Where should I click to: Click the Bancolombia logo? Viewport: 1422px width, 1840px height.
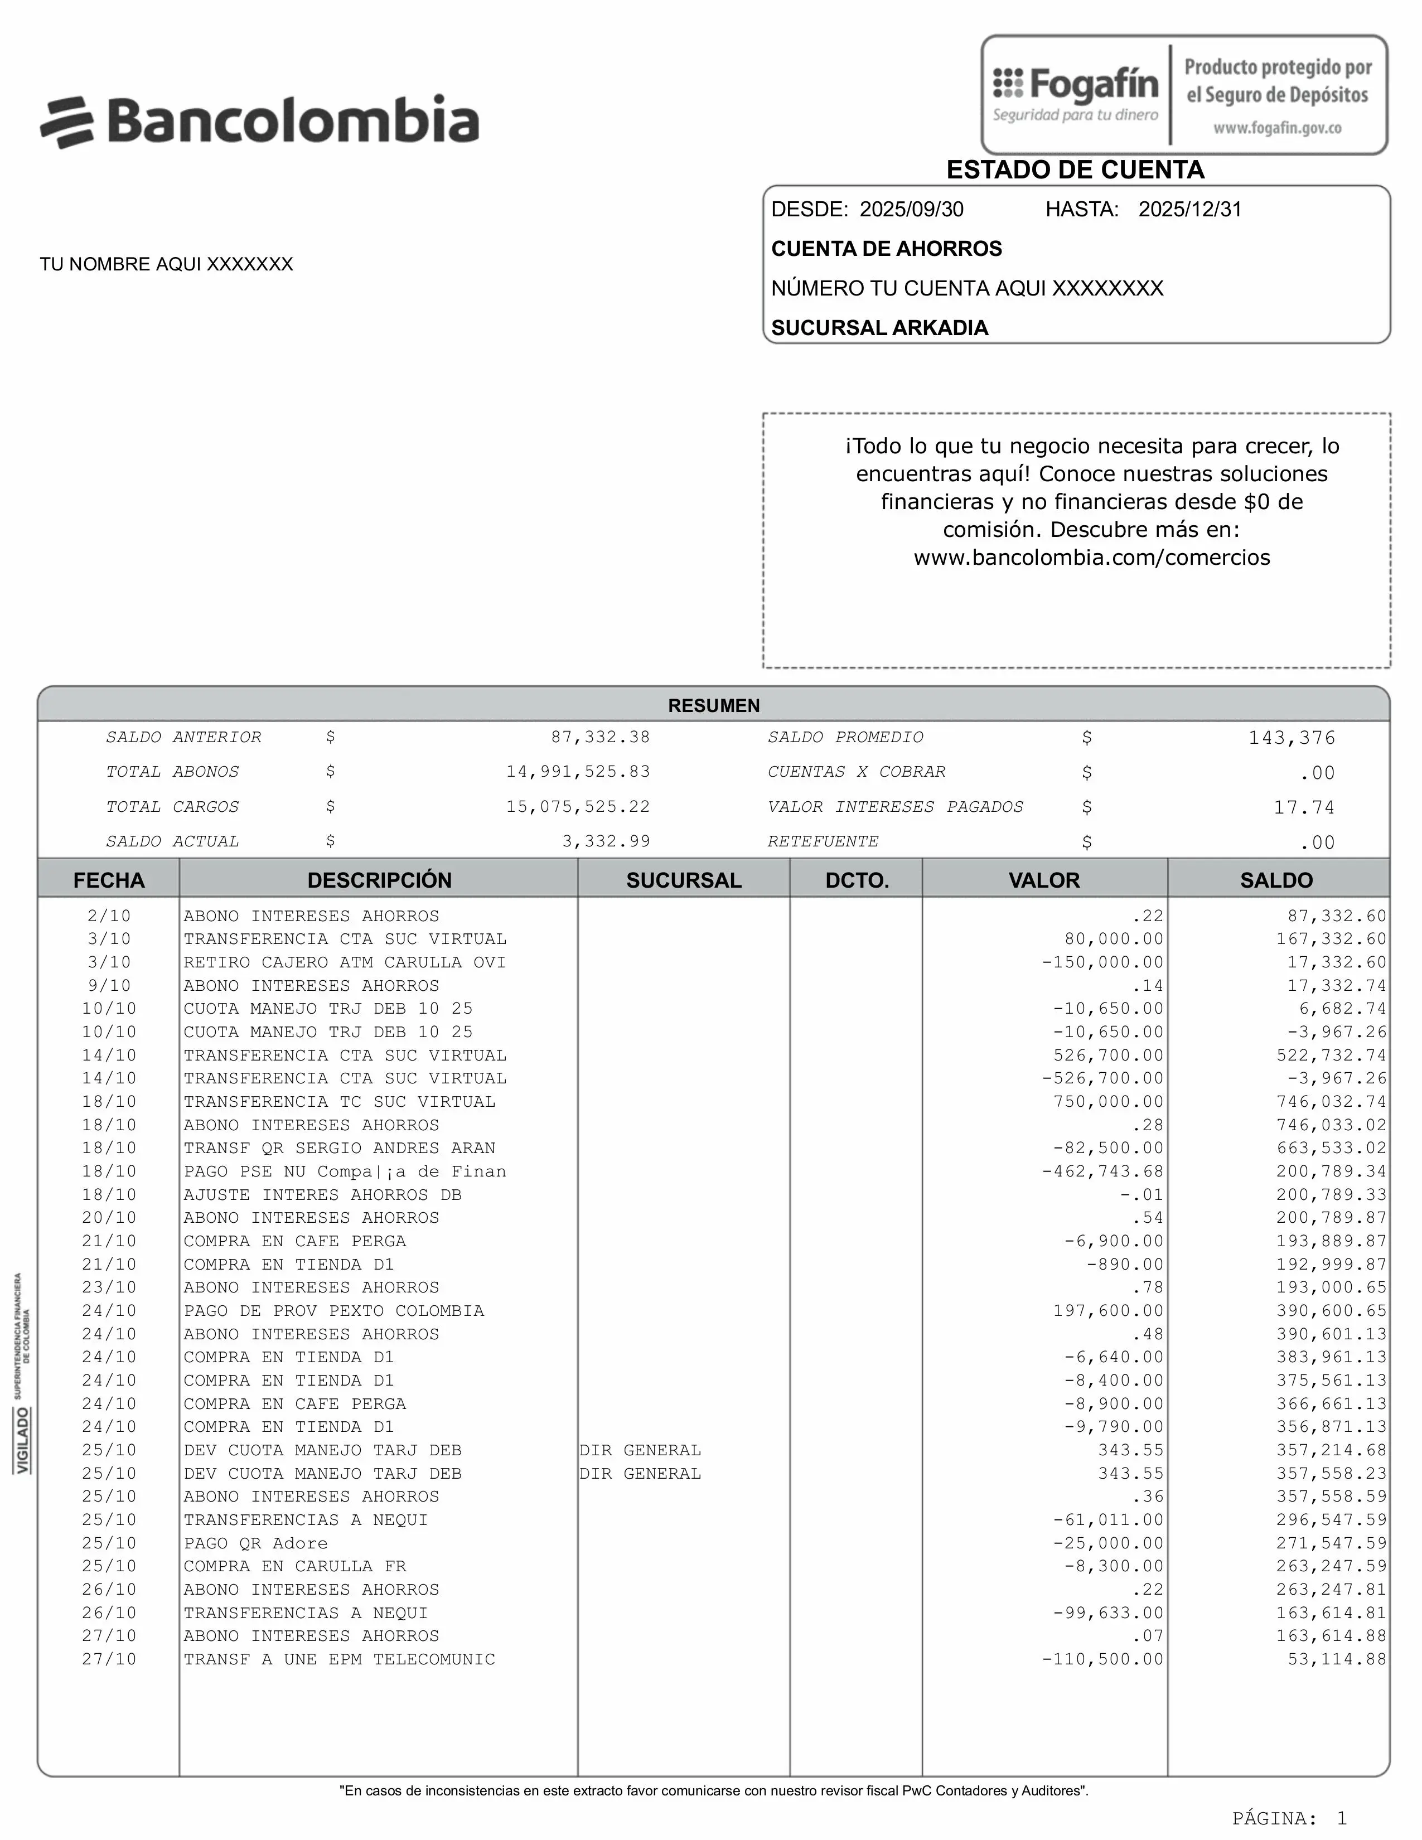[x=259, y=122]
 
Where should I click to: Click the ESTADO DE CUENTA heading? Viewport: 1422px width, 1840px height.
[x=1075, y=170]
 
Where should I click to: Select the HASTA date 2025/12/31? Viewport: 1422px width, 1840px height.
[x=1189, y=210]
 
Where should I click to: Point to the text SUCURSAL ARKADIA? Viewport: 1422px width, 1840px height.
[x=879, y=328]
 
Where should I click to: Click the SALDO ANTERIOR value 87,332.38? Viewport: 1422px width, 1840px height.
[x=600, y=737]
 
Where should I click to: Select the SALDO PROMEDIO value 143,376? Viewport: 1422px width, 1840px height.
[x=1292, y=738]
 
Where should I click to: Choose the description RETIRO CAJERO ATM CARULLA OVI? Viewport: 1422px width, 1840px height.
[x=345, y=962]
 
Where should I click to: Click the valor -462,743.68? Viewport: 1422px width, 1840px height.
[x=1102, y=1171]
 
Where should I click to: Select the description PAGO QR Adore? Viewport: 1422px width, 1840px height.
[x=256, y=1543]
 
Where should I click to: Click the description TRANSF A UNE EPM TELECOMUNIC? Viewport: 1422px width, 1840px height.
[x=340, y=1659]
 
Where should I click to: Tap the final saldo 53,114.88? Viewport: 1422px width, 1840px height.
[x=1336, y=1659]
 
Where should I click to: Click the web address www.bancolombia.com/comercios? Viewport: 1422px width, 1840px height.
[x=1092, y=558]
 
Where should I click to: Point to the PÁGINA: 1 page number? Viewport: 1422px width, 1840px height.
[x=1289, y=1818]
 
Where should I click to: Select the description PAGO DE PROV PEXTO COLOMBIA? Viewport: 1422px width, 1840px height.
[x=333, y=1310]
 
